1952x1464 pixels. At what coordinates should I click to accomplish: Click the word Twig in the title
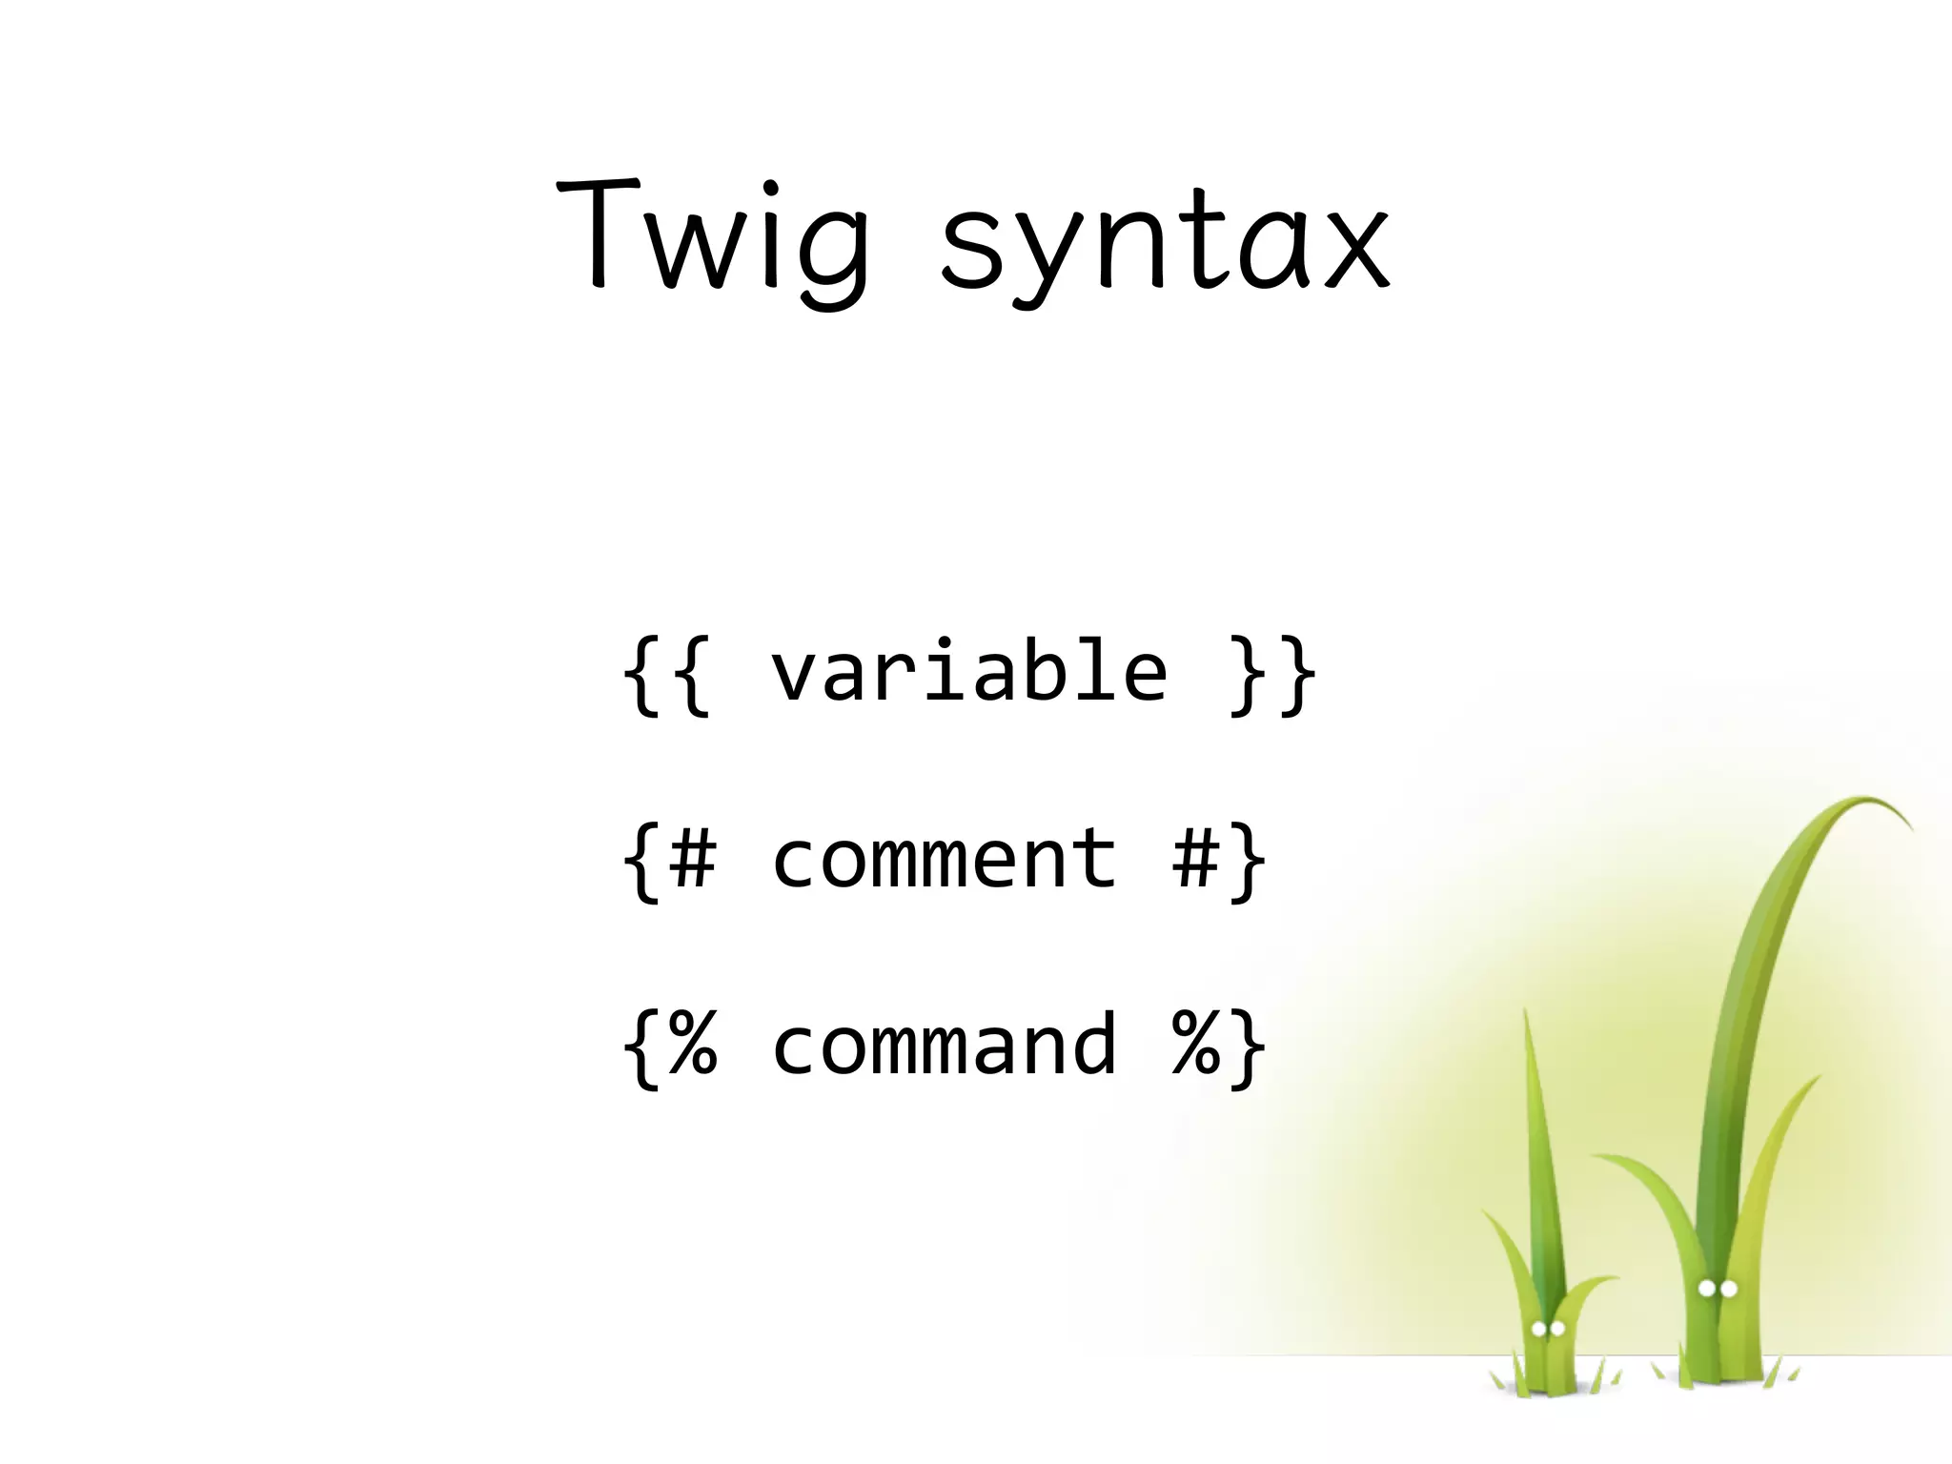coord(713,238)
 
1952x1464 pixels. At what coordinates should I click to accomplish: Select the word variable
coord(968,672)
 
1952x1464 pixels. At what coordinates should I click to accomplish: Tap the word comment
coord(944,859)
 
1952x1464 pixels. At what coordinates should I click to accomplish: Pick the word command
coord(944,1046)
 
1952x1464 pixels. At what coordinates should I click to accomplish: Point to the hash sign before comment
coord(692,859)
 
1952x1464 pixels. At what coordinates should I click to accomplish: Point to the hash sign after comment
coord(1195,859)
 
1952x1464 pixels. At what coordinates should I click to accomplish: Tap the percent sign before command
coord(692,1046)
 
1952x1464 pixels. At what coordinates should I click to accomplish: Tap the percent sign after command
coord(1195,1046)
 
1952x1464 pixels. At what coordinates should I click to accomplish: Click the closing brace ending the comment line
coord(1248,862)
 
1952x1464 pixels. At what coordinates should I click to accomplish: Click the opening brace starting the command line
coord(641,1048)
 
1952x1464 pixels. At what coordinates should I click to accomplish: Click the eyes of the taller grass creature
coord(1718,1290)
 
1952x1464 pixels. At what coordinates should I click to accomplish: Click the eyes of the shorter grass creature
coord(1548,1329)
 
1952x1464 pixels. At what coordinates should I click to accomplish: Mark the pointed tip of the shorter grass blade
coord(1526,1016)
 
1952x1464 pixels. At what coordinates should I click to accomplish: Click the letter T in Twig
coord(597,234)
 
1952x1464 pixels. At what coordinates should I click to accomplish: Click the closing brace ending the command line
coord(1248,1048)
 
